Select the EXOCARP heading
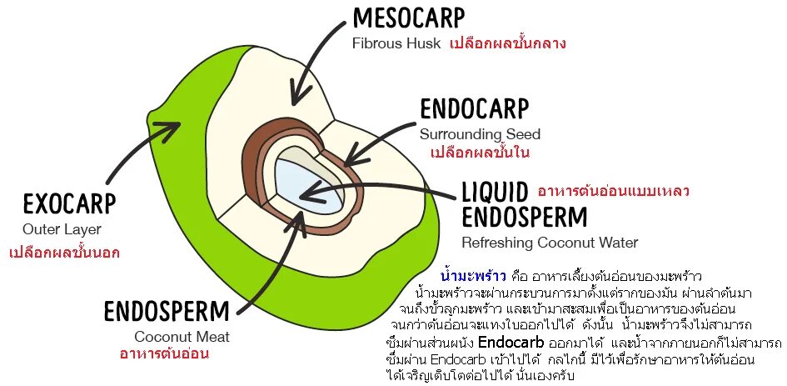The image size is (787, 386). point(69,204)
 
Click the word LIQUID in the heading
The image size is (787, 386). point(495,191)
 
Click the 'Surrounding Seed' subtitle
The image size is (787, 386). point(480,134)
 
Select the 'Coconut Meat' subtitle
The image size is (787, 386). point(182,337)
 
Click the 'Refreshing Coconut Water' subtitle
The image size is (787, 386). point(550,243)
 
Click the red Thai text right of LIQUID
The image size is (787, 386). point(613,191)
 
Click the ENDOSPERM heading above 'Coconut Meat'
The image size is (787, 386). point(166,312)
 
